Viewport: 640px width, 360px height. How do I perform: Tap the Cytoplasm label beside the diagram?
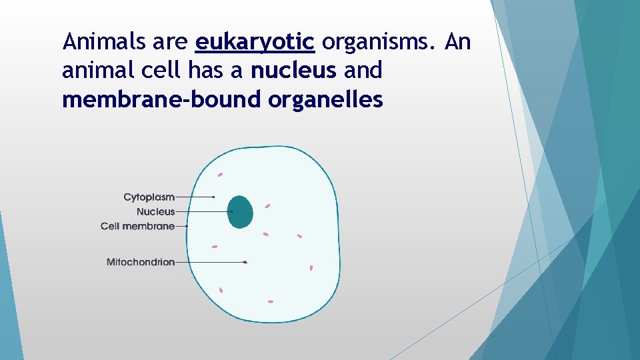149,197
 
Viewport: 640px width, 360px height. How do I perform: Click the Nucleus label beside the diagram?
155,212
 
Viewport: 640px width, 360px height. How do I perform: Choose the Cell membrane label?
137,227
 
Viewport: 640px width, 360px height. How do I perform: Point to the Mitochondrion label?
140,262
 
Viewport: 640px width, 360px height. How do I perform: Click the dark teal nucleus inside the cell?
241,212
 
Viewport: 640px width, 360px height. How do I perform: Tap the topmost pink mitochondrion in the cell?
219,175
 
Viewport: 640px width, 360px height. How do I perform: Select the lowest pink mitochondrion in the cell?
271,301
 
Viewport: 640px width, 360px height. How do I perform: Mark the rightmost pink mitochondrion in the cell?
311,267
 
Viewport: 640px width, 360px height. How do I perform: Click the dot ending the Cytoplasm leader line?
213,197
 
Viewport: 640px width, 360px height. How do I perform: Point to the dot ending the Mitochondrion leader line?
245,262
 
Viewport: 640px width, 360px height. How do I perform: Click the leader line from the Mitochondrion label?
210,262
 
